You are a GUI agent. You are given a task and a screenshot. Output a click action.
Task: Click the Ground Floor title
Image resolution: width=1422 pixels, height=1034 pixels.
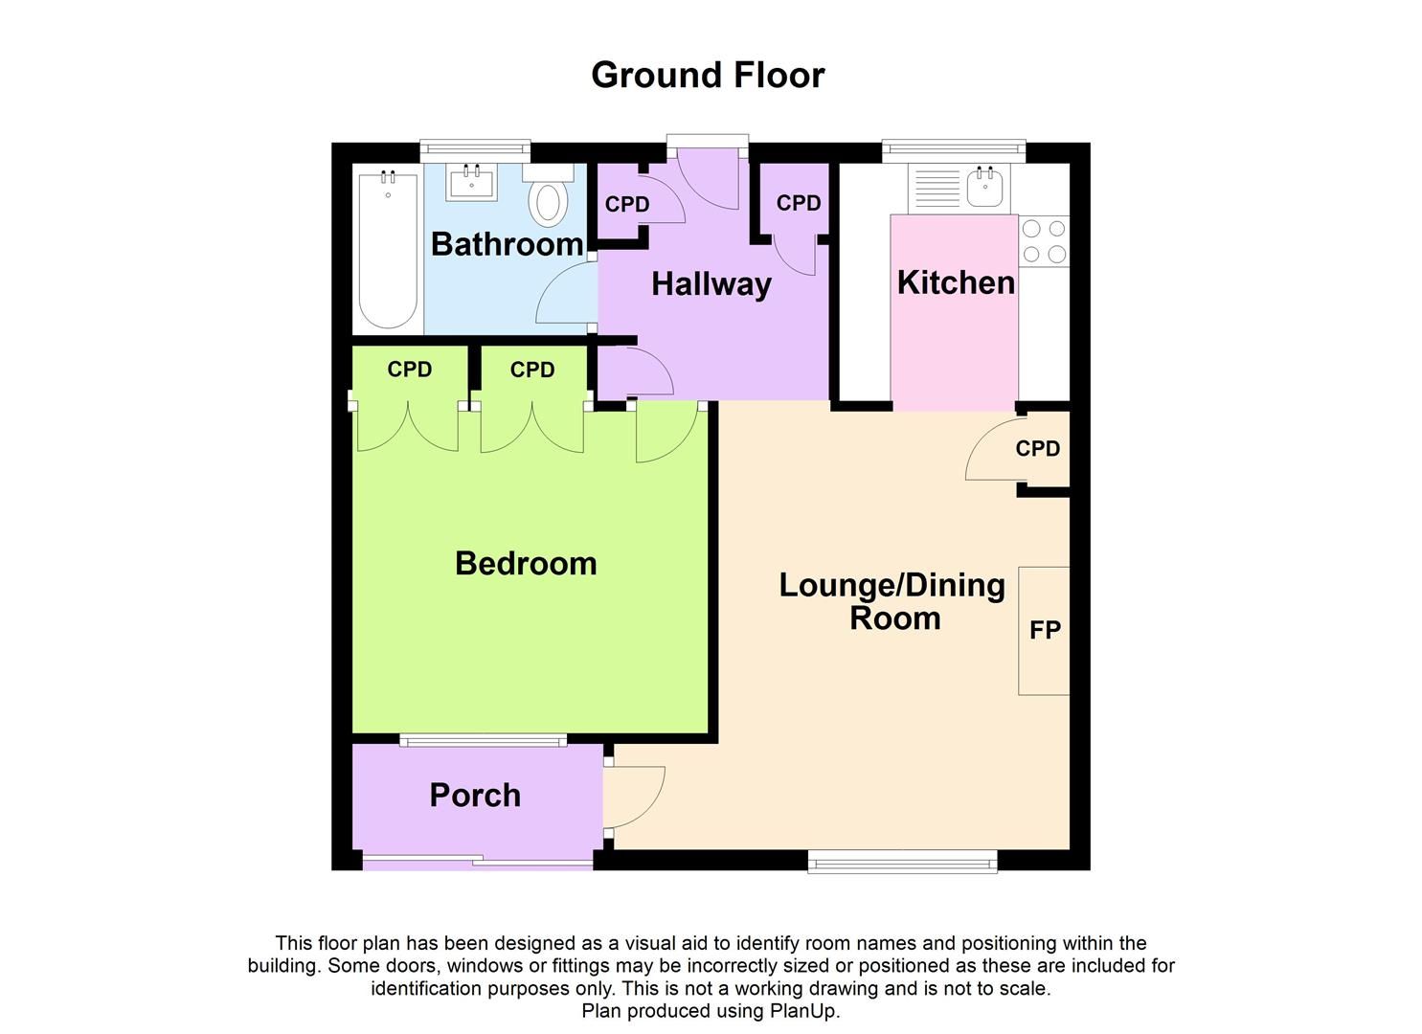(x=708, y=75)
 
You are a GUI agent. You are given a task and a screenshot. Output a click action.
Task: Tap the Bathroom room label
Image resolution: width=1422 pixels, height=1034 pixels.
(x=507, y=244)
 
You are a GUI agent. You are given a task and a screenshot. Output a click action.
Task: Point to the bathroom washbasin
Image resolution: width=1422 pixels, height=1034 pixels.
(x=471, y=182)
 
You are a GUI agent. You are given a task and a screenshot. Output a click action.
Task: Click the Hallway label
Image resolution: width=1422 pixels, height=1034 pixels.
(x=711, y=284)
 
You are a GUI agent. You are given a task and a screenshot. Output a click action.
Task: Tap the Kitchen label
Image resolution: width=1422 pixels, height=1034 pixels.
(x=956, y=282)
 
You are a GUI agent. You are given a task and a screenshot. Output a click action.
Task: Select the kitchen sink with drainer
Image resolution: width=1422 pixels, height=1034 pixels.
(x=957, y=188)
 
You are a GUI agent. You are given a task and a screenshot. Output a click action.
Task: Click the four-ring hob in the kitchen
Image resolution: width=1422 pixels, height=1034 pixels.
(x=1043, y=241)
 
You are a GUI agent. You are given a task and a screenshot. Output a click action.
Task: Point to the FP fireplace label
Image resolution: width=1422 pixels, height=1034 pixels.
(x=1045, y=630)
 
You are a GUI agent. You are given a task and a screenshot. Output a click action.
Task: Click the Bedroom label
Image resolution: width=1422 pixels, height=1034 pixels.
(x=526, y=563)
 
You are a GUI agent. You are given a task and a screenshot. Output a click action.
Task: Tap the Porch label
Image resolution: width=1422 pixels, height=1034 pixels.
(x=475, y=795)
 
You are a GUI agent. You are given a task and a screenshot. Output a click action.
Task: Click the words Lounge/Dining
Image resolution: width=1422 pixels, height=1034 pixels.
(x=892, y=585)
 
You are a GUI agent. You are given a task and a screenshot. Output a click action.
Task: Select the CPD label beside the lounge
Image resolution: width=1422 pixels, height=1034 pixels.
(x=1038, y=448)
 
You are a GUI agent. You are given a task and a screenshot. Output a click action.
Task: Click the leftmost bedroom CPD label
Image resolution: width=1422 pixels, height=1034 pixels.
(x=409, y=370)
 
